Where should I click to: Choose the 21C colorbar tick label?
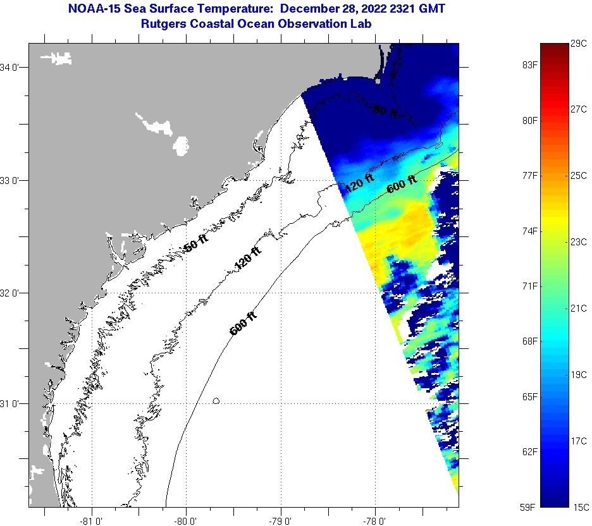[579, 308]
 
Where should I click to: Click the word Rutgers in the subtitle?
[165, 23]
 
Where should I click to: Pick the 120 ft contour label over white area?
[247, 259]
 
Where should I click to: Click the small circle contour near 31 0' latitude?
[216, 400]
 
